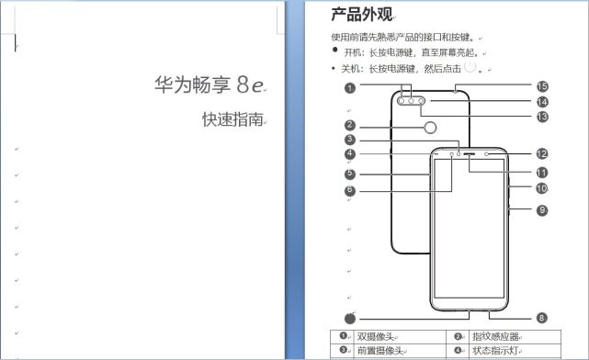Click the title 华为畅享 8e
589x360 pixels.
click(x=210, y=84)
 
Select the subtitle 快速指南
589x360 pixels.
click(x=233, y=119)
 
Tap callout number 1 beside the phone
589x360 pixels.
click(x=350, y=88)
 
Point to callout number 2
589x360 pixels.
click(x=350, y=126)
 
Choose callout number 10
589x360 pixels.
click(x=542, y=188)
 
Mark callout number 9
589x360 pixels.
click(x=542, y=210)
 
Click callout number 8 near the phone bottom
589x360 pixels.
click(x=542, y=318)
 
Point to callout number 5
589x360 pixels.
click(x=350, y=173)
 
